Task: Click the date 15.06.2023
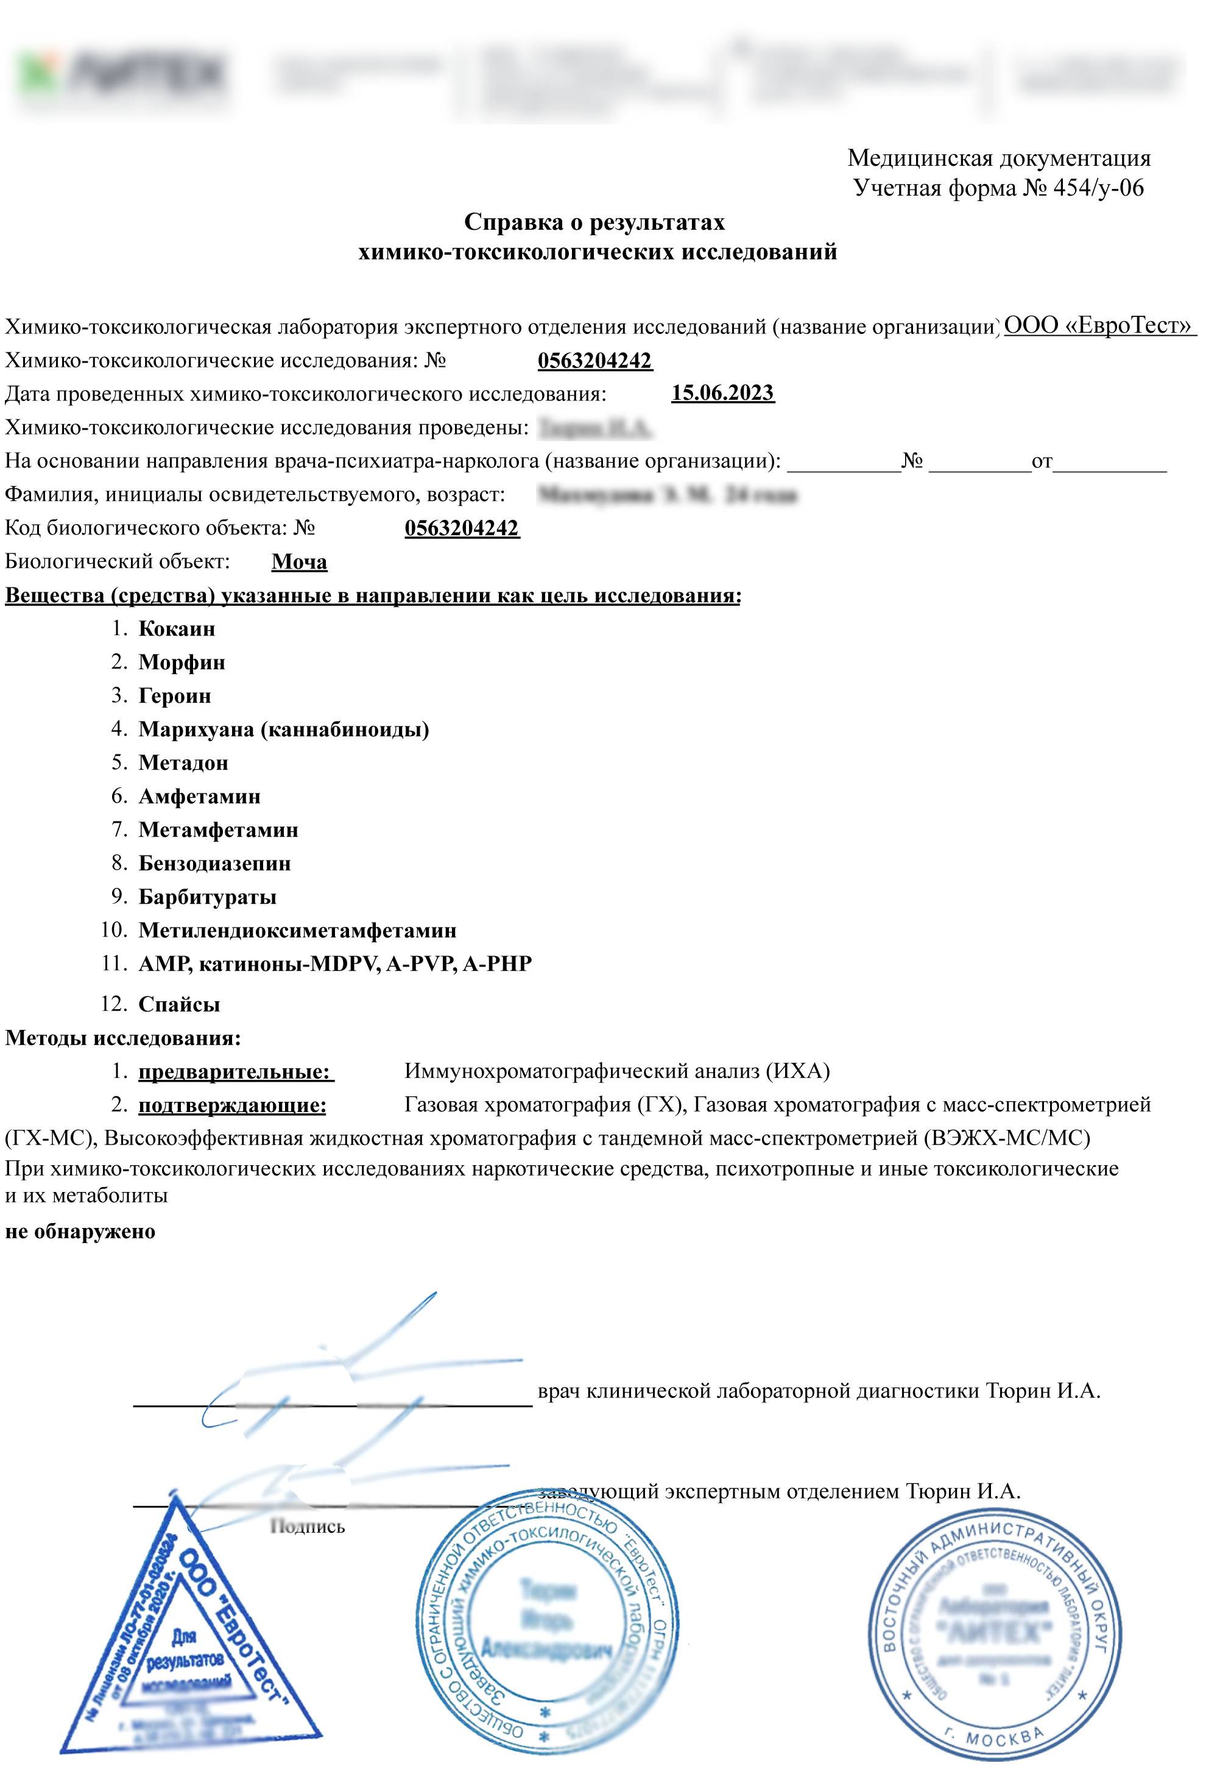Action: pos(722,393)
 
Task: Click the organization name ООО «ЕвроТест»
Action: pos(1098,325)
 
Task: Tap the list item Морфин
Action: pos(182,662)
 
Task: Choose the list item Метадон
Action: pos(183,762)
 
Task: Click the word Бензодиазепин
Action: pos(214,864)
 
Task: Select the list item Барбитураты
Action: pos(208,897)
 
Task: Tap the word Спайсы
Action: pos(179,1004)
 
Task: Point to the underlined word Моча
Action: pos(299,562)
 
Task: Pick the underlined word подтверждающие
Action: pos(232,1105)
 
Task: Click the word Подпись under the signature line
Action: pos(307,1527)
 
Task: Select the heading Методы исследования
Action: pos(123,1038)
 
